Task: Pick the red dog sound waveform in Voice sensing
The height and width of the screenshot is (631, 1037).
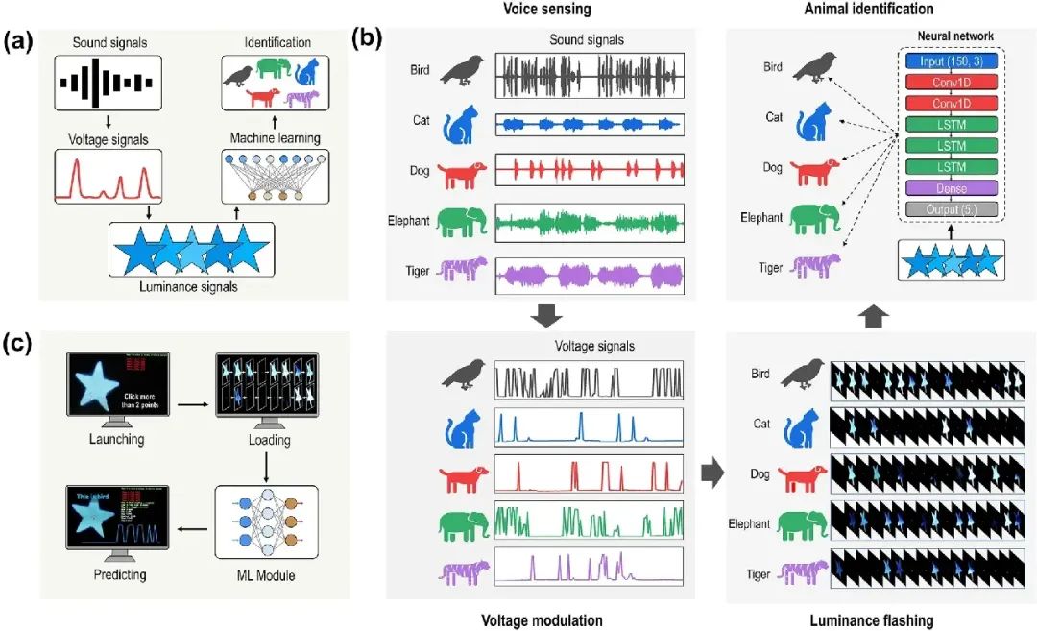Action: point(589,171)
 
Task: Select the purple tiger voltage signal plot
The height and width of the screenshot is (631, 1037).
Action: point(588,567)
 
